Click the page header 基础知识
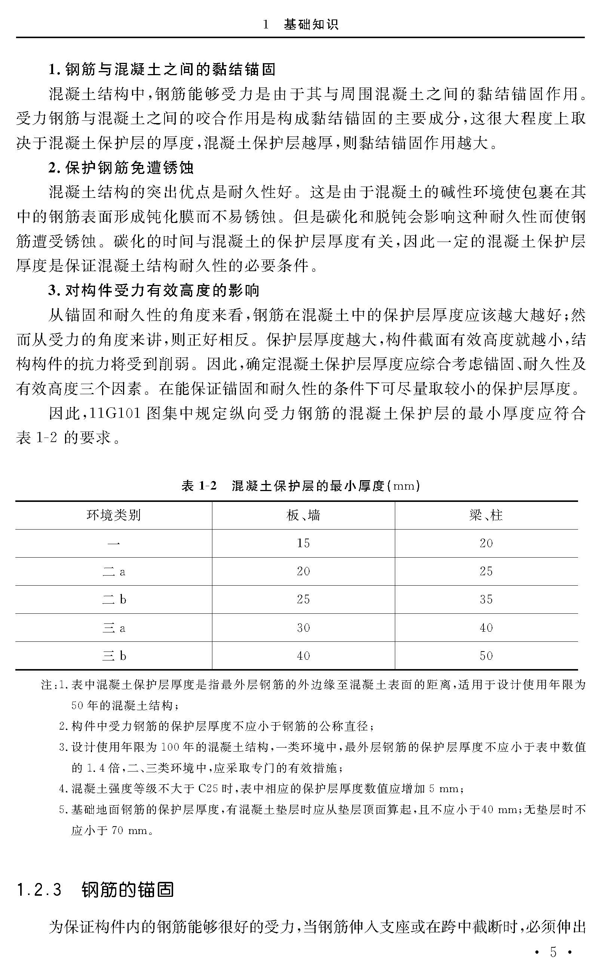click(311, 25)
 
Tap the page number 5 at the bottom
click(553, 951)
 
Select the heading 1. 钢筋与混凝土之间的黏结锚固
click(162, 70)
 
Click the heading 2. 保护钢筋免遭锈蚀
click(121, 168)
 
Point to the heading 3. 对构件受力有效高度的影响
click(154, 291)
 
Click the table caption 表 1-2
click(199, 486)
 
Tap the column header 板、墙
click(303, 515)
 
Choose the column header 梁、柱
click(486, 515)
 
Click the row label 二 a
click(114, 572)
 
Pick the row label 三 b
click(114, 656)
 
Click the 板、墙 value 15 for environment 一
click(303, 543)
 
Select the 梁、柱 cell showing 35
click(486, 600)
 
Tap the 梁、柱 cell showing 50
click(486, 656)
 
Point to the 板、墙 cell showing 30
click(303, 628)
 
